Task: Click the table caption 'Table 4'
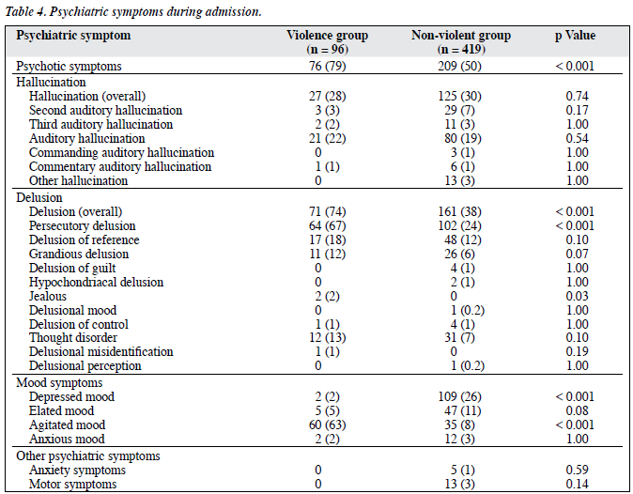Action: [24, 11]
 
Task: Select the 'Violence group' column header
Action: [328, 42]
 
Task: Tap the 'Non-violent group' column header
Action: [461, 42]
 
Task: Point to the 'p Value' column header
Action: [576, 36]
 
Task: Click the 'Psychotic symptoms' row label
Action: [69, 66]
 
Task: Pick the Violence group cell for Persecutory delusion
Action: [328, 225]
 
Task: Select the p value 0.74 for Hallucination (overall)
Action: [578, 96]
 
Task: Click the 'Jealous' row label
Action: [48, 296]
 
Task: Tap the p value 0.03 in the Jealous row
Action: [578, 296]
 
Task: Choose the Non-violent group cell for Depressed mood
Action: [460, 396]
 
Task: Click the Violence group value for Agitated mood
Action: [328, 425]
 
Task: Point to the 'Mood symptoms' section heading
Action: [59, 382]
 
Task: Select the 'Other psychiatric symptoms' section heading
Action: [88, 456]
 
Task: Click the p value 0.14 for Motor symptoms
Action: [578, 484]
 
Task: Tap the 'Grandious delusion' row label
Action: [79, 254]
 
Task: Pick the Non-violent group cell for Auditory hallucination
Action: [463, 138]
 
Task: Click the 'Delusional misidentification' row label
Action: [100, 351]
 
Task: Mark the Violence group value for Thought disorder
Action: [328, 337]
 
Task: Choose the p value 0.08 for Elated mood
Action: [578, 410]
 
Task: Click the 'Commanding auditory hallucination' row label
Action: [121, 152]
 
